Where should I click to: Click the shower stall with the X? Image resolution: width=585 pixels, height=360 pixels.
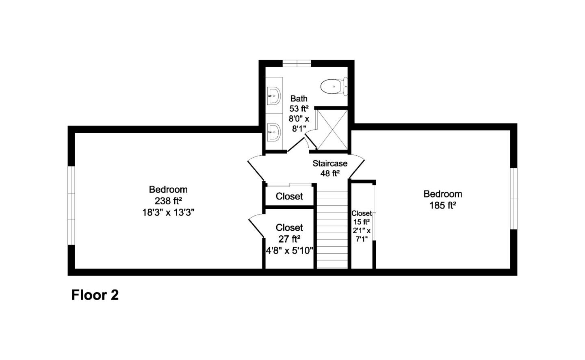(332, 129)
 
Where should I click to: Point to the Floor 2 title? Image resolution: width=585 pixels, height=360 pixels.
(95, 295)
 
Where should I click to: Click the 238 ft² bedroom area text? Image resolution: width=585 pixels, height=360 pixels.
(168, 201)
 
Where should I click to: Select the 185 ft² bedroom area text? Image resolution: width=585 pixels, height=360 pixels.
(442, 206)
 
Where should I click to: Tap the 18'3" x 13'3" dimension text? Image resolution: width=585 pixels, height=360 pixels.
(168, 212)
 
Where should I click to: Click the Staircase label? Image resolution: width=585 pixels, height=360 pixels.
(330, 163)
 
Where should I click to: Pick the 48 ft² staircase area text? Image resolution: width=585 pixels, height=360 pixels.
(330, 173)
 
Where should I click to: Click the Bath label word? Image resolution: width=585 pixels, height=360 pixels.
(299, 98)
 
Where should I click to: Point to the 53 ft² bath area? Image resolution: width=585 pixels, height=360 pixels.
(299, 108)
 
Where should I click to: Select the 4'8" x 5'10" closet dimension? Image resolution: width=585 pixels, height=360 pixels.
(289, 251)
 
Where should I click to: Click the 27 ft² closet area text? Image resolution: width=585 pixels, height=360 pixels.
(289, 239)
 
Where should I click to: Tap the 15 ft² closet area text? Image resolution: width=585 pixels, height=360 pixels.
(361, 222)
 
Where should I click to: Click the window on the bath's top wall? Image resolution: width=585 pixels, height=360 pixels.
(297, 63)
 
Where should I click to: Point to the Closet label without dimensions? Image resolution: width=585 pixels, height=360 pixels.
(289, 197)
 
